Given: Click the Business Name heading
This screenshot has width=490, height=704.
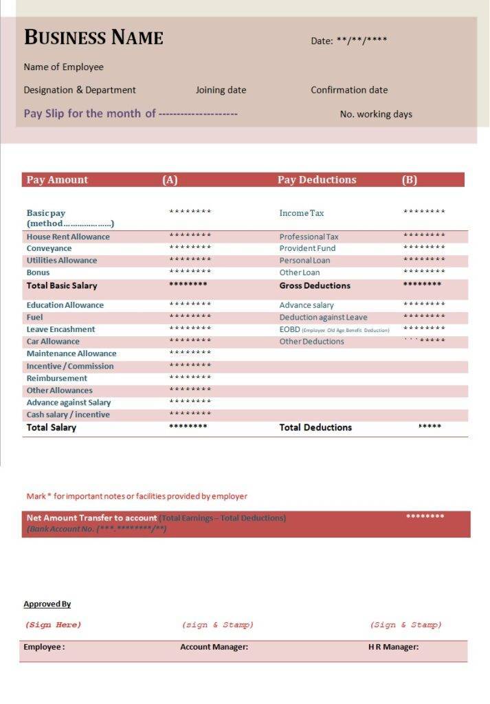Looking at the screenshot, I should pos(93,37).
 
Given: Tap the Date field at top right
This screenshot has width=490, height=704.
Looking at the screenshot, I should pos(348,41).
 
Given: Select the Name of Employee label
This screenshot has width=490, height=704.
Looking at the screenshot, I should pos(63,67).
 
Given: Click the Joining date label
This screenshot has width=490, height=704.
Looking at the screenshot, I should pos(221,90).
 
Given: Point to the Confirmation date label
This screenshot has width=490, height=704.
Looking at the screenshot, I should pos(349,90).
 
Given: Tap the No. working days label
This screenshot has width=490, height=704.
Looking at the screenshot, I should pos(376,114).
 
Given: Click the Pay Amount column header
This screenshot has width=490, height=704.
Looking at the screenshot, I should pos(57,180).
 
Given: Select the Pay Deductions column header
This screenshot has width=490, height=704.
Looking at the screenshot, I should pos(317,180).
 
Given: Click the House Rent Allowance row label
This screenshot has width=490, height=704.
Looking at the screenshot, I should pos(68,237).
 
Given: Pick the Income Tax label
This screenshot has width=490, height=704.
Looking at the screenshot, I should pos(302,213).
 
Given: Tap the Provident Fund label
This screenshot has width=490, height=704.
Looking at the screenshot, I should pos(307,248).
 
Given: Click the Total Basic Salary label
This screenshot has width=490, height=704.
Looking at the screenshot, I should pos(62,285).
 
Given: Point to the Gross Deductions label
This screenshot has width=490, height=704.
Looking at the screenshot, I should pos(315,285).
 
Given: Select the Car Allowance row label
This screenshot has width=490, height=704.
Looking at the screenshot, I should pos(53,342).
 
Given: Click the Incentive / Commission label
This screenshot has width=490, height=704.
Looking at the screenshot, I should pos(70,366).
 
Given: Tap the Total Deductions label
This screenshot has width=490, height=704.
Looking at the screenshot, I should pos(315,428).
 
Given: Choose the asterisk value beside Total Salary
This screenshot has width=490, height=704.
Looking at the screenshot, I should pos(188,427).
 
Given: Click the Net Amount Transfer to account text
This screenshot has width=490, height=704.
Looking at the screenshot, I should pos(91,518).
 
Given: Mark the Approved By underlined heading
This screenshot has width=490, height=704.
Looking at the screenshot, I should pos(47,604).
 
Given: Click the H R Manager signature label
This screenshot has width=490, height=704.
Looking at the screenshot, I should pos(393,647).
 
